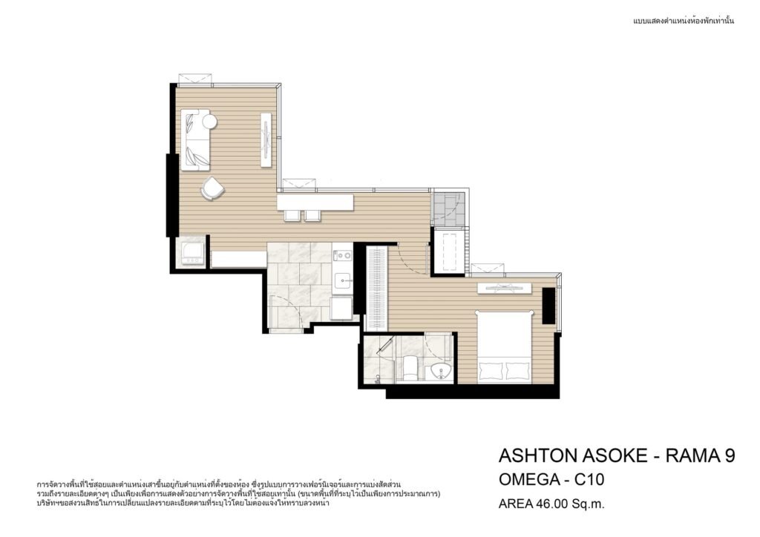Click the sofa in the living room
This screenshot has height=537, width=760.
195,140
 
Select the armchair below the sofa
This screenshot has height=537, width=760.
212,188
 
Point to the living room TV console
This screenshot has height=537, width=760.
266,140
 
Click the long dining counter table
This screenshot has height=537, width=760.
315,202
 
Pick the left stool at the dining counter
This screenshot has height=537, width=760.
292,216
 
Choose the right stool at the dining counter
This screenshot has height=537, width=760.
312,216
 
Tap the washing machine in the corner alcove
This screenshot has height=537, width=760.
191,251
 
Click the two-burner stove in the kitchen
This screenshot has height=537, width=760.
343,255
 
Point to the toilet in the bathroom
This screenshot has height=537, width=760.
410,369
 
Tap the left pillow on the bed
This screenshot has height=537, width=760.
491,370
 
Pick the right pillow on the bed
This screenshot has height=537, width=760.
518,370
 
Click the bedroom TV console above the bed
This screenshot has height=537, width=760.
505,288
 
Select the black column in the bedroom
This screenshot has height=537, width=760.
548,306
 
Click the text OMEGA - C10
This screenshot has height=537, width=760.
551,480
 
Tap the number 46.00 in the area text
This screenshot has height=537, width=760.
551,504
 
